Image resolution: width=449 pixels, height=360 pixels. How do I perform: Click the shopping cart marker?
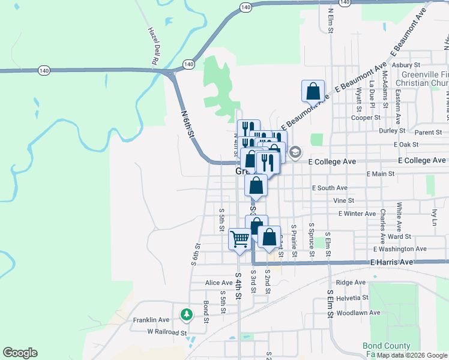240,239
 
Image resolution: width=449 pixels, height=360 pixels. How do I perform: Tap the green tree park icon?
187,313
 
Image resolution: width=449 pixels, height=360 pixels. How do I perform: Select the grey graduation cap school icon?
295,152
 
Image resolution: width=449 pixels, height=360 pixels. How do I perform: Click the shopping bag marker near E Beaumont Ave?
313,92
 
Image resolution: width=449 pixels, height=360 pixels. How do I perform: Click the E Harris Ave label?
391,262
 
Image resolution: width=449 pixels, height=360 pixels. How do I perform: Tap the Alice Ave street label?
218,283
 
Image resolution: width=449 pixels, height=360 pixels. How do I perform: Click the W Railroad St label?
167,331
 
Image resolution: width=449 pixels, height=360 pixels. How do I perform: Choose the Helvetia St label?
352,298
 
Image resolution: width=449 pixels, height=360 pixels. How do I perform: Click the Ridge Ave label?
351,282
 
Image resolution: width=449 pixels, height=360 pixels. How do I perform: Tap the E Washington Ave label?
400,248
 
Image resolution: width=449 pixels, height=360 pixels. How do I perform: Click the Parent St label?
428,132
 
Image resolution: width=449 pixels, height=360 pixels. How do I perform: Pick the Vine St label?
344,200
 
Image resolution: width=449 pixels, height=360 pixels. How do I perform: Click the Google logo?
20,353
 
